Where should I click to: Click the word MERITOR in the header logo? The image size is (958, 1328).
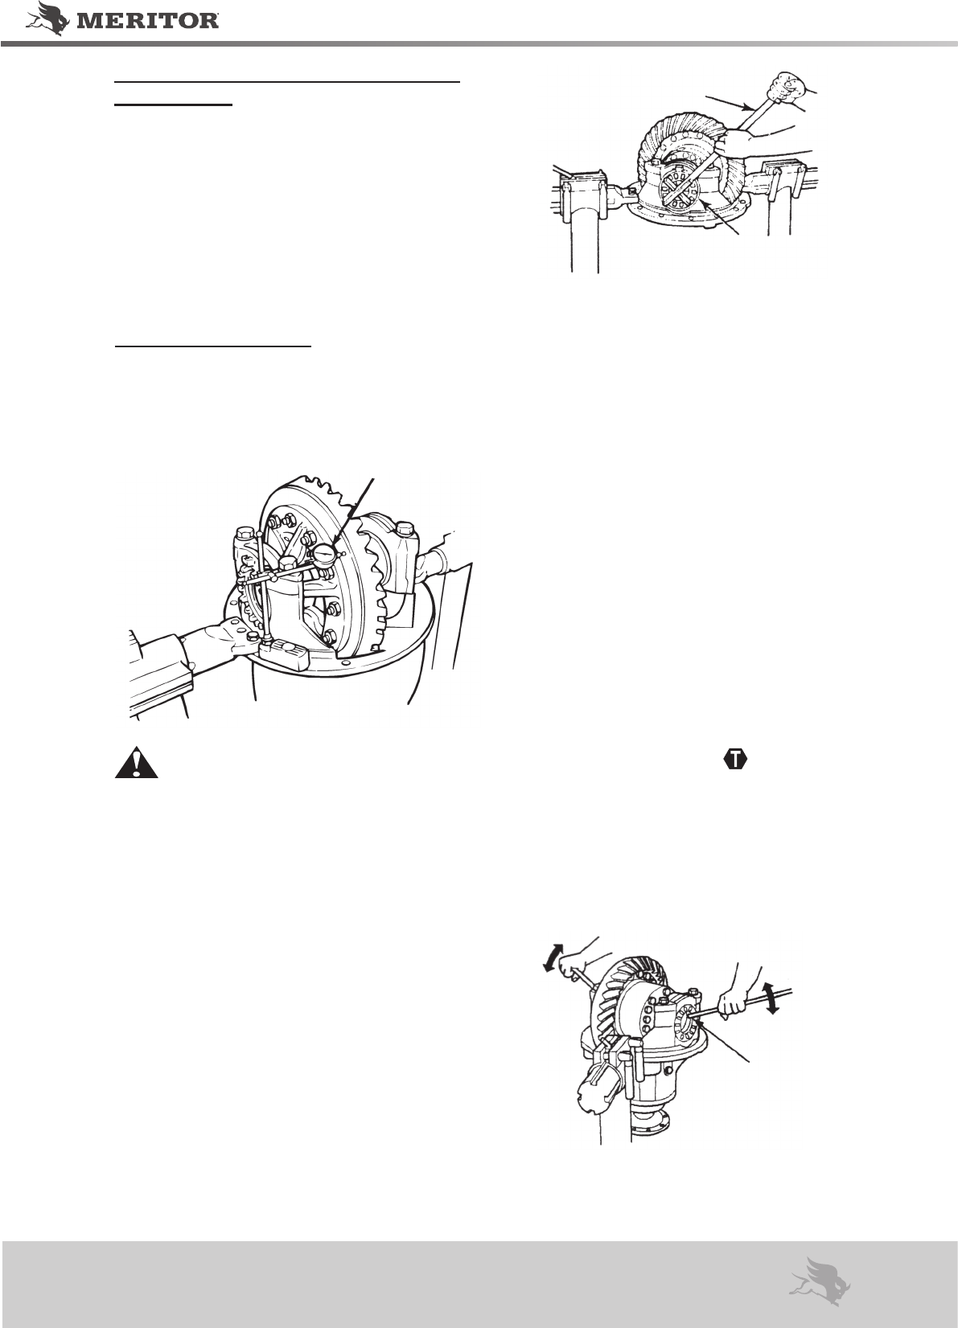(148, 21)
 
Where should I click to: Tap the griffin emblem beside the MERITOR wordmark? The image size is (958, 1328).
(48, 18)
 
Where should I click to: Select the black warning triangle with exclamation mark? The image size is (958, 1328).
(137, 762)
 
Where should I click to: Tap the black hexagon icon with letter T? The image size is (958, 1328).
(735, 760)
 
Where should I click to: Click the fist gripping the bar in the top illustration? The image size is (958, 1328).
(785, 87)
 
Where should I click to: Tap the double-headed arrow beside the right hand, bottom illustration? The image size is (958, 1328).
(769, 998)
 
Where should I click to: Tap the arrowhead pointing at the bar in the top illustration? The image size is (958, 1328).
(749, 107)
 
